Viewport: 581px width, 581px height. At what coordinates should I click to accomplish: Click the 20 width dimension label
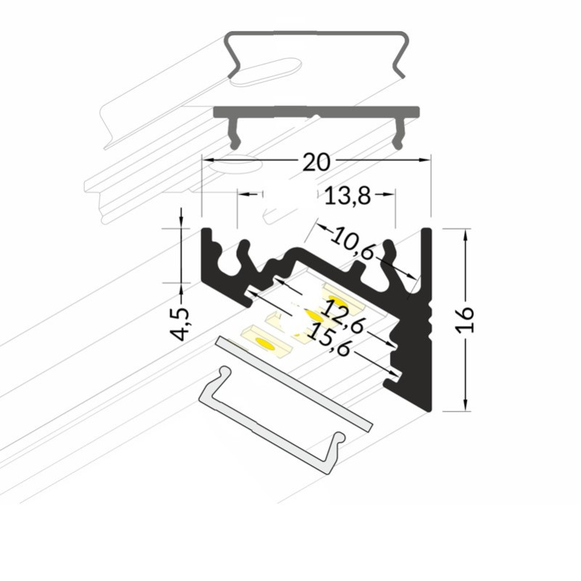316,162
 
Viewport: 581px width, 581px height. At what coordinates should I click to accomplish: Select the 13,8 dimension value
347,195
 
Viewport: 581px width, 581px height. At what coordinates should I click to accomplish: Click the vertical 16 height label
466,320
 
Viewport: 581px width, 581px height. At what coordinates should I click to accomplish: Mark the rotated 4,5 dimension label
179,323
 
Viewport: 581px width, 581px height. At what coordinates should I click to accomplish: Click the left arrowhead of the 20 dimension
208,160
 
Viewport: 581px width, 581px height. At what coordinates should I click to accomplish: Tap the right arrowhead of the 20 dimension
425,160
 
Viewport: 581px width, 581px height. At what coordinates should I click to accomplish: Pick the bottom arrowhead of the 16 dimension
466,405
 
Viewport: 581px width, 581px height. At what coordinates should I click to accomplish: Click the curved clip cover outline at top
317,55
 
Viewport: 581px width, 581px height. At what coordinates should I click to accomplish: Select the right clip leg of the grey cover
399,134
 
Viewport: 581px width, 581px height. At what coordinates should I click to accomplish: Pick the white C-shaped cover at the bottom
272,420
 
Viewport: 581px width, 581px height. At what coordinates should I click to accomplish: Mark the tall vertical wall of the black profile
426,320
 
